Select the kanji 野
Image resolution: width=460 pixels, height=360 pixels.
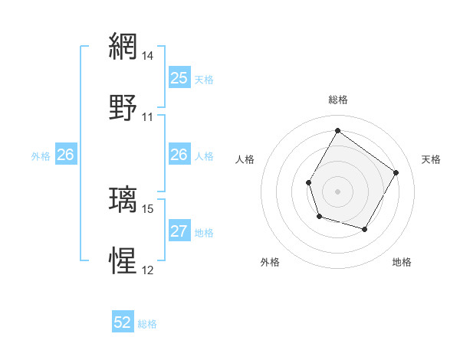124,107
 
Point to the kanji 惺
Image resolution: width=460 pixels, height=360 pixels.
124,260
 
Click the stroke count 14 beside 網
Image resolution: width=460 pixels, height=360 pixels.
148,56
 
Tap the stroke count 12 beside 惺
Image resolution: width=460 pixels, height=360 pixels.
148,270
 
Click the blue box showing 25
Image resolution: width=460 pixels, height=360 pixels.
179,78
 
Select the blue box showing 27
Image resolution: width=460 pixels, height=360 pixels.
179,231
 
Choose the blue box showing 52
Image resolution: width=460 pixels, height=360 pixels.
123,323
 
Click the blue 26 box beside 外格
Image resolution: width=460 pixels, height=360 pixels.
65,155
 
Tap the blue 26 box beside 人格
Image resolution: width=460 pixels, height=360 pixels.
179,155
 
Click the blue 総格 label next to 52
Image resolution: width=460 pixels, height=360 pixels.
147,324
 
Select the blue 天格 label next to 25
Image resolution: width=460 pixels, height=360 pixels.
204,79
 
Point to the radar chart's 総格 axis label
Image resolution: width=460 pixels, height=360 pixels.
338,100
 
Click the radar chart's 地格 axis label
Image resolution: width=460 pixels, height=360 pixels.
402,262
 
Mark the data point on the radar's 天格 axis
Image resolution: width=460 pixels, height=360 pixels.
396,172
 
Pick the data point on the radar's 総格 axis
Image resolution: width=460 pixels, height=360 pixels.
337,130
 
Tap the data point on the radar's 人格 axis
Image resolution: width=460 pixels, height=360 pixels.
309,182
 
